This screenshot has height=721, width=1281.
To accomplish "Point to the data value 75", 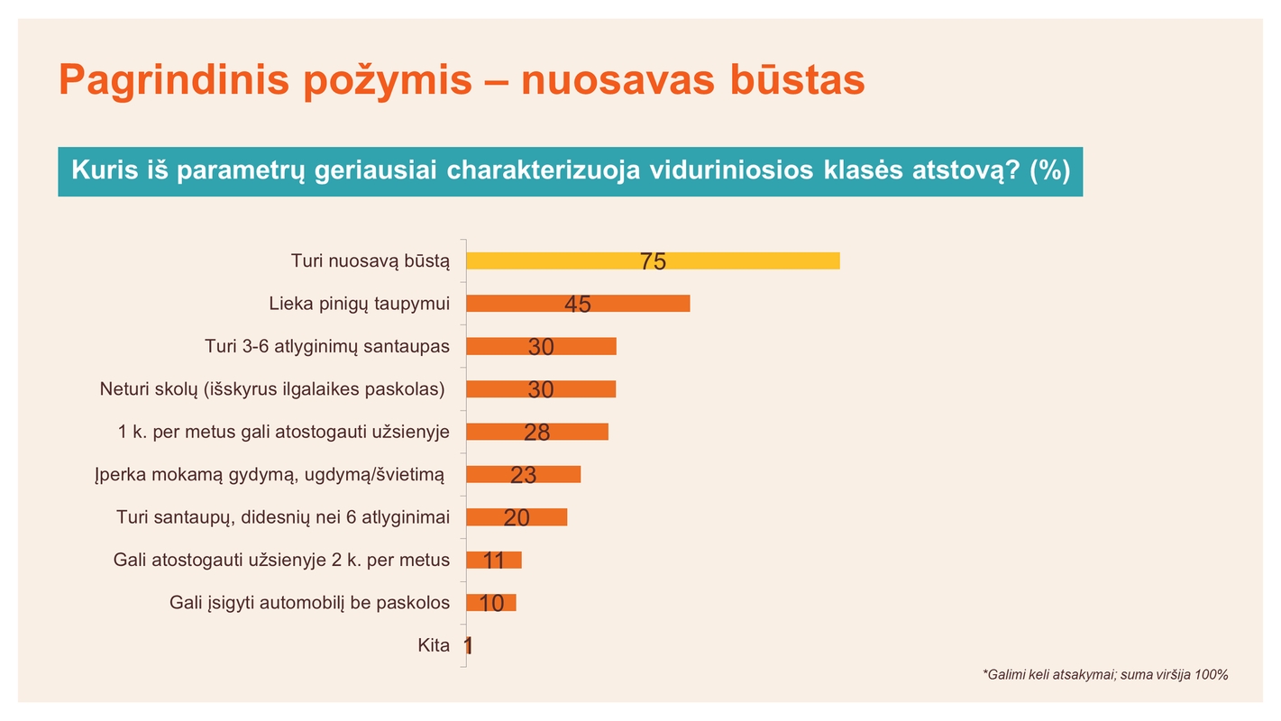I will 653,261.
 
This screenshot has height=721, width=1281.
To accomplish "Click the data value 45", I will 578,305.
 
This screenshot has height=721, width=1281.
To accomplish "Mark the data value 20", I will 517,518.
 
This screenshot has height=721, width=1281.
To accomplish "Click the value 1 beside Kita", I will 468,646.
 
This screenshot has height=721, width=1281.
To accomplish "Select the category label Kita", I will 434,645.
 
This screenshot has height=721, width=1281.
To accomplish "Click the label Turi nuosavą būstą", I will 370,261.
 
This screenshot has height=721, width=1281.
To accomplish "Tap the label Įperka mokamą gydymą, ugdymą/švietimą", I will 270,475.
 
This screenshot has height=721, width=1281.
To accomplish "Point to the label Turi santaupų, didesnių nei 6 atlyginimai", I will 282,517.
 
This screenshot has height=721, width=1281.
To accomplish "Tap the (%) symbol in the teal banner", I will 1049,170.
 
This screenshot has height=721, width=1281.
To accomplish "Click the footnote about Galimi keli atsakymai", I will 1105,674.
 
